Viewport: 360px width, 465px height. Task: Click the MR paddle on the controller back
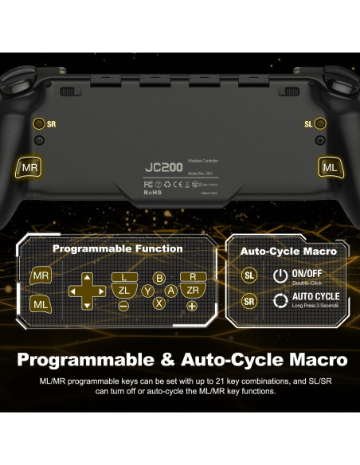click(29, 167)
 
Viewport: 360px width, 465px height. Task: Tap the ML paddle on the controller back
click(330, 167)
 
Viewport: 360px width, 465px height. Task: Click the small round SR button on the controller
click(38, 124)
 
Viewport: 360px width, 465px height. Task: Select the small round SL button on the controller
click(320, 124)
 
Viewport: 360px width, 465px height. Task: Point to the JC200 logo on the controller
click(163, 168)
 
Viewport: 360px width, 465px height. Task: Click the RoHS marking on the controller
click(153, 191)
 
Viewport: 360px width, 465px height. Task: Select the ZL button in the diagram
click(124, 291)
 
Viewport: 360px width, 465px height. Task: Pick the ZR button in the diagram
click(191, 291)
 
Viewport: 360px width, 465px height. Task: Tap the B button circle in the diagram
click(159, 278)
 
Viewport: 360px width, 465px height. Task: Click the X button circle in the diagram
click(159, 303)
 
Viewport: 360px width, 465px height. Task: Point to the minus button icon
click(124, 306)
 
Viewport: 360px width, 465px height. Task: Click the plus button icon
click(191, 306)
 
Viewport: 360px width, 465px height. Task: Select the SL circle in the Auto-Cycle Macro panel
click(249, 275)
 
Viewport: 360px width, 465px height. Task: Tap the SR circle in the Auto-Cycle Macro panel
click(249, 301)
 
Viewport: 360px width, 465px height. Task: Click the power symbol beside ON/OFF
click(280, 275)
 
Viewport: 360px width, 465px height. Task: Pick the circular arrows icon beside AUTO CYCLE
click(280, 301)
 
